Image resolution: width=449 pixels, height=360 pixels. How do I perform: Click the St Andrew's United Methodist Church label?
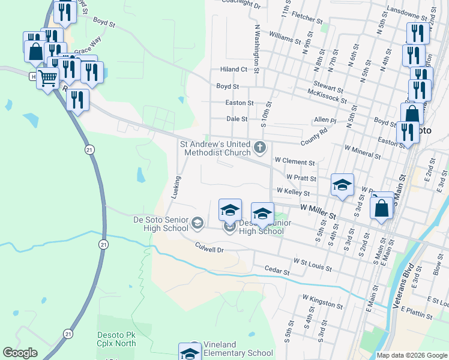(217, 148)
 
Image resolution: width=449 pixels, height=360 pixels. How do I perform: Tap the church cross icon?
(259, 146)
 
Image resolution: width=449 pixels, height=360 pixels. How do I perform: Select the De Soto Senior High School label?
(160, 224)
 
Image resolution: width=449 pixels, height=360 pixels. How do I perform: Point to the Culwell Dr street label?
(209, 247)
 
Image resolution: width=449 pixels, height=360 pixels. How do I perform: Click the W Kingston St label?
(322, 301)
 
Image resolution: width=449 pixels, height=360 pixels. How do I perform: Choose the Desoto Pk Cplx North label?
(116, 339)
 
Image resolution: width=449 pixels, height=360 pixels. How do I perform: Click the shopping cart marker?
(47, 77)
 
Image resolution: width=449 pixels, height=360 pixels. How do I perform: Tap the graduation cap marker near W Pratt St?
(342, 185)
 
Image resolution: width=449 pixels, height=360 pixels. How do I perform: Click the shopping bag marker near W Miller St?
(382, 209)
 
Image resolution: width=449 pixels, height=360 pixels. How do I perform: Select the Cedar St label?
(277, 272)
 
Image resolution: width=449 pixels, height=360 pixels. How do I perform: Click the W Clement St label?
(295, 162)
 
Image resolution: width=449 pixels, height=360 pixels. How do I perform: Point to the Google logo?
(20, 353)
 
